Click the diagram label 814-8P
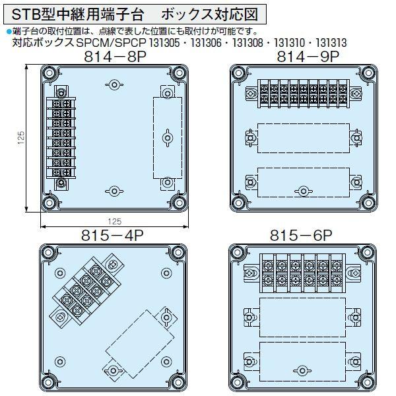coord(115,57)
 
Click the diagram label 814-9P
coord(308,57)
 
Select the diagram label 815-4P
coord(112,236)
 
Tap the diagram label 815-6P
coord(301,236)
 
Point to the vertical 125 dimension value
coord(21,138)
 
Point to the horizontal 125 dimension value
coord(115,222)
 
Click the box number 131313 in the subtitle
coord(331,43)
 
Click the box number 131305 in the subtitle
coord(164,43)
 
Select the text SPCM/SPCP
coord(111,43)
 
